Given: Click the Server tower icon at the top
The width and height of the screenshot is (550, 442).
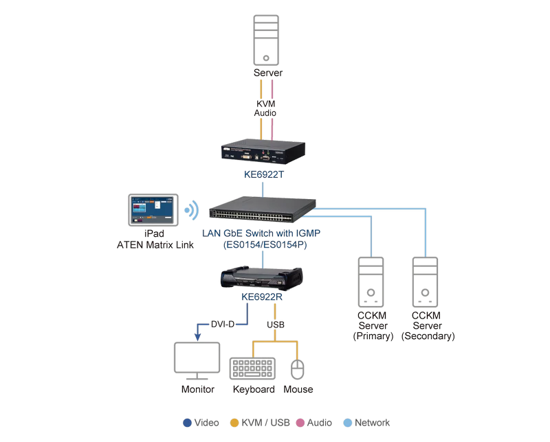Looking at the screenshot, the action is pos(266,40).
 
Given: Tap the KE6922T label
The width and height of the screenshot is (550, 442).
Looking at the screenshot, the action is pos(264,174).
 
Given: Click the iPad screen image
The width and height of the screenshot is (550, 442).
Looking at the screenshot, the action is pos(153,210).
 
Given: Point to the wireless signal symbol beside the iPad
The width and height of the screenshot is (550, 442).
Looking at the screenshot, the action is pos(192,211).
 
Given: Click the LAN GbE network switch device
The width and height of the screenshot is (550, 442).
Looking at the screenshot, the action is pos(263,209).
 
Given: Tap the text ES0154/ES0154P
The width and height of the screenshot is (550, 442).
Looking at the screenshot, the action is pos(265,244).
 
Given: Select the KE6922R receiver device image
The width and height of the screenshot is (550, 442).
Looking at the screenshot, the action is pos(262,279).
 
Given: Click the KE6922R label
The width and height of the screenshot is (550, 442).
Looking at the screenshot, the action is pos(262,297).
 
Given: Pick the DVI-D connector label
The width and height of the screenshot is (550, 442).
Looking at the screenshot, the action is pos(223,325).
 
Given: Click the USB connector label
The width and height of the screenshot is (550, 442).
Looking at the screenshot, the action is pos(276,325).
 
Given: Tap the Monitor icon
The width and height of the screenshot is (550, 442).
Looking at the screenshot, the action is pos(197,361).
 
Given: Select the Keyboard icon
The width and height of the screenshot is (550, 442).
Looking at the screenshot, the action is pos(252,368).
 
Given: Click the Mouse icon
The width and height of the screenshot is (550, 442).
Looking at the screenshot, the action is pos(298,369).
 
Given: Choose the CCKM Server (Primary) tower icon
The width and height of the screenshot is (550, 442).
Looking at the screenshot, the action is pos(371,282).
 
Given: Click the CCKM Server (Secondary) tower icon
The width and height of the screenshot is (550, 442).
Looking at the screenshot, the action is pos(425,282).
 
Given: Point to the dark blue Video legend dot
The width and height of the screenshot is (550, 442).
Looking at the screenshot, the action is pos(187,423).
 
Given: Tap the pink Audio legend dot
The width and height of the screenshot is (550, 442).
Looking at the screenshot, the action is pos(300,423).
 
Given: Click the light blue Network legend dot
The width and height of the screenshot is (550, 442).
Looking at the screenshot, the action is pos(348,423).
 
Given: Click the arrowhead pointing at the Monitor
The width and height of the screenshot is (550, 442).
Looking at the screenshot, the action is pos(197,337).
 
